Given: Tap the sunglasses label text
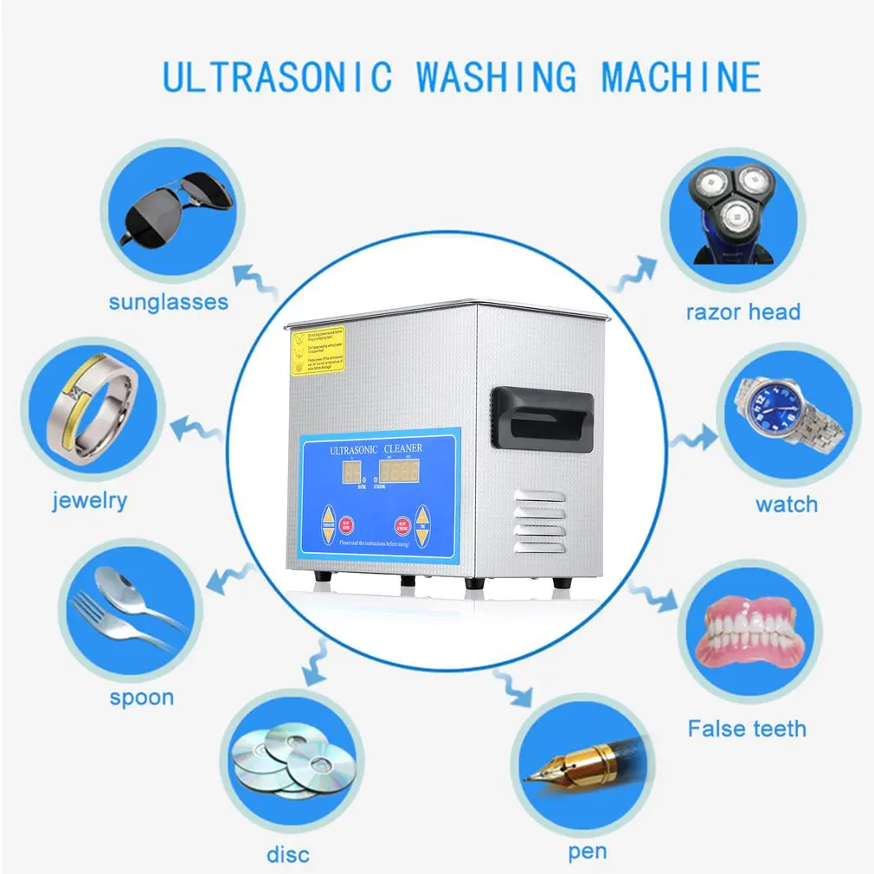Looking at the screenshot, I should [168, 302].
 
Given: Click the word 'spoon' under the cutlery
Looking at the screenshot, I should [141, 697].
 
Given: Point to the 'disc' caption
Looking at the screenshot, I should [287, 855].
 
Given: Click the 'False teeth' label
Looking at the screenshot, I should [746, 729].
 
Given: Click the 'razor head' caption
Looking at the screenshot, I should [742, 312].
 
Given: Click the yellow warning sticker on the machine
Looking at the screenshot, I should [316, 350].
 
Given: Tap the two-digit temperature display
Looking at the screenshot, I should [352, 472].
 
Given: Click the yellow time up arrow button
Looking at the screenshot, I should [421, 517].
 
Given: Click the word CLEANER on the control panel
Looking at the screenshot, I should [403, 448].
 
